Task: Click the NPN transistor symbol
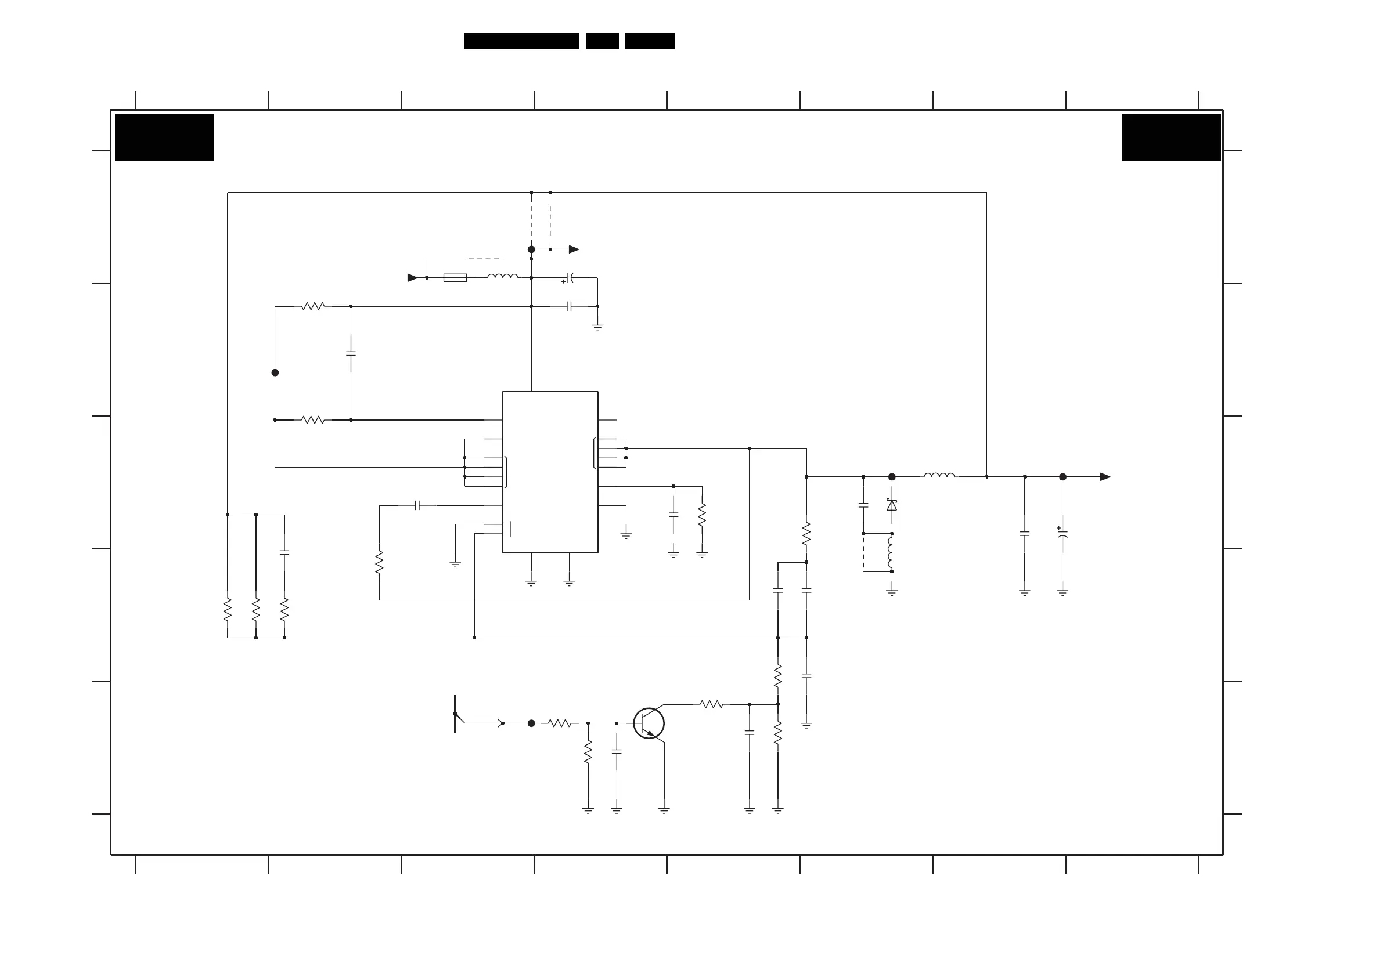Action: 649,723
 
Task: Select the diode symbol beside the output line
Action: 892,505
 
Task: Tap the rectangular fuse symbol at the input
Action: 455,277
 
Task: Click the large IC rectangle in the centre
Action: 550,472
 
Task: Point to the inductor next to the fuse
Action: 502,277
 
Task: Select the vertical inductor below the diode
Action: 891,553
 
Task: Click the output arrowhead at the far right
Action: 1105,477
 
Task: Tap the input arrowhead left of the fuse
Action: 413,277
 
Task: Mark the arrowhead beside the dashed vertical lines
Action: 574,249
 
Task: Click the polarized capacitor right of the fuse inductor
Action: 570,278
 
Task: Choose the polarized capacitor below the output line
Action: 1063,534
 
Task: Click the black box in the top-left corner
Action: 164,137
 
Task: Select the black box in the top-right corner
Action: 1171,137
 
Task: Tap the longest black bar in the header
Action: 521,41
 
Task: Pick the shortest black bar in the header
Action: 602,41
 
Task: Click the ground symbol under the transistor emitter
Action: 664,810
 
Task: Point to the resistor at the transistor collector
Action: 711,704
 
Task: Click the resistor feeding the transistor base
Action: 560,723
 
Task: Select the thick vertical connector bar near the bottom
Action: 455,714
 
